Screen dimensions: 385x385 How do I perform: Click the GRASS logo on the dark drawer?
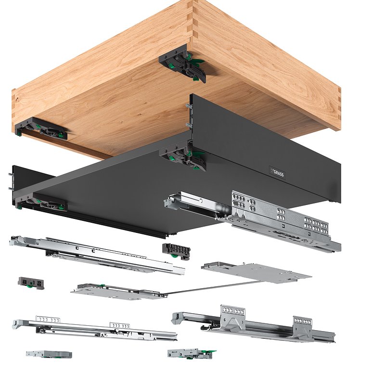pos(277,173)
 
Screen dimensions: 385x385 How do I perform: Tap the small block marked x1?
pos(31,283)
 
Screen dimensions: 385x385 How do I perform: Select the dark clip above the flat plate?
pos(176,251)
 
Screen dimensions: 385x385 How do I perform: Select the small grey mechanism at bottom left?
pos(49,354)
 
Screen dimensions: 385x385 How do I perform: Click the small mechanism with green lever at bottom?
pos(192,354)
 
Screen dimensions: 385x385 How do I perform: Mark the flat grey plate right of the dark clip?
pos(257,272)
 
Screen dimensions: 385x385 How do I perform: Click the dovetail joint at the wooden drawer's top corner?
pos(193,20)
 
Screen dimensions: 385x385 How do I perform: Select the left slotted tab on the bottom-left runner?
pos(48,320)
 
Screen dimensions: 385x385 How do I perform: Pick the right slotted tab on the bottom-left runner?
pos(120,326)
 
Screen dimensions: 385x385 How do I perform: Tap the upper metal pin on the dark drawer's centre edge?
pos(188,106)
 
